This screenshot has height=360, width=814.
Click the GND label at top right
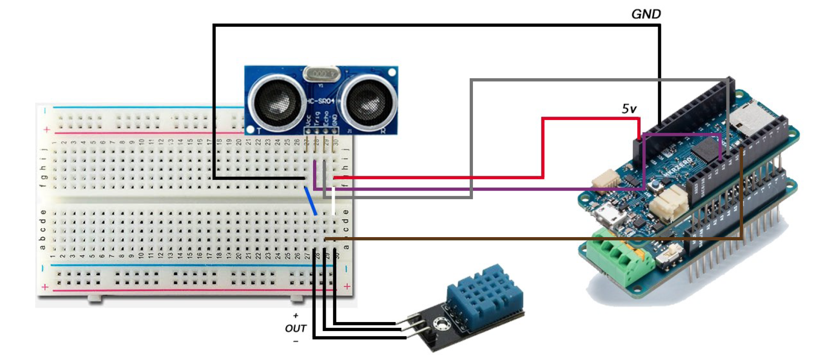(x=646, y=14)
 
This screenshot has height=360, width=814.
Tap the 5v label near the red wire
(x=628, y=109)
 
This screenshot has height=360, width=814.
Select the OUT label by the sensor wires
(x=295, y=328)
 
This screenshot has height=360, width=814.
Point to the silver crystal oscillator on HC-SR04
(x=321, y=74)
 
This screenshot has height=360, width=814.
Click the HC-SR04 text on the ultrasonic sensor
(x=321, y=101)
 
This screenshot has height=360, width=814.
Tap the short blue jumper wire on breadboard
(x=310, y=201)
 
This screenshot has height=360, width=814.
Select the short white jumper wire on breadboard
(x=333, y=202)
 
